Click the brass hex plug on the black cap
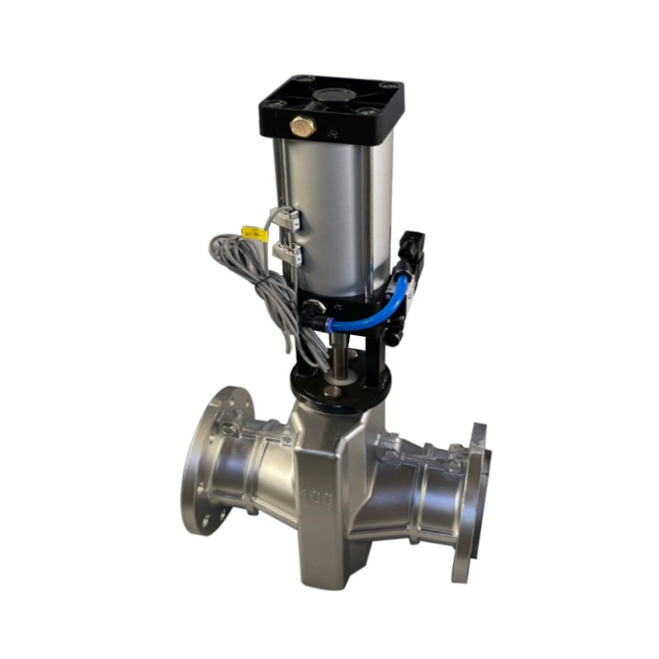click(302, 126)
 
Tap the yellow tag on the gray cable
click(255, 233)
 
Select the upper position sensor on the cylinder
click(287, 218)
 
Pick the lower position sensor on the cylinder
click(287, 254)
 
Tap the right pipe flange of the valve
click(470, 502)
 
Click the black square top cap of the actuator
click(331, 107)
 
